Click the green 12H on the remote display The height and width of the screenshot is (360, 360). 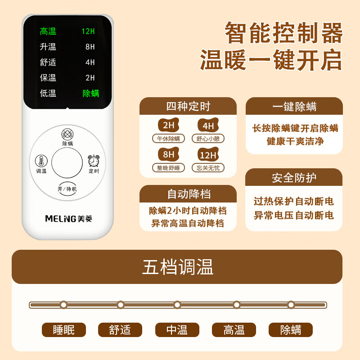pos(88,31)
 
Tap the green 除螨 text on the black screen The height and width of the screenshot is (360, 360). pos(91,94)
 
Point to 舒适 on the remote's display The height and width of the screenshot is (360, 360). pos(48,63)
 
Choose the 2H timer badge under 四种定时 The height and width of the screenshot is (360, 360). pos(169,125)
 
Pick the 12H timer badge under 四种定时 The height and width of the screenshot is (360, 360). pos(208,155)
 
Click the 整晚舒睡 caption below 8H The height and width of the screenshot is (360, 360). pos(169,168)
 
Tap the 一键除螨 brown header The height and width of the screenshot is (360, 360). pos(294,107)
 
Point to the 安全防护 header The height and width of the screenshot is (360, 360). pos(294,178)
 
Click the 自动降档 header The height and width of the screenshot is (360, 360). pos(189,194)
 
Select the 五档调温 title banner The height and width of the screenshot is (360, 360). pos(177,267)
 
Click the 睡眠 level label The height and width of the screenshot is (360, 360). pos(63,330)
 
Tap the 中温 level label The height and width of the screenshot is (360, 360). pos(177,330)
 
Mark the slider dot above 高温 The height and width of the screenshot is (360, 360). pos(236,305)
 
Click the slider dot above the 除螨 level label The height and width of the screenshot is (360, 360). pos(291,305)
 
